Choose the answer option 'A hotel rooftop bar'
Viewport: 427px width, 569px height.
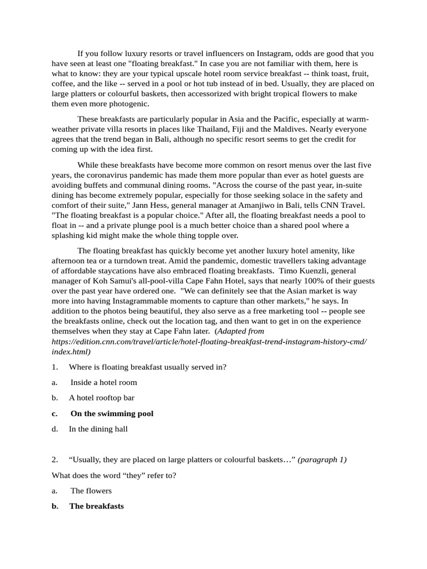tap(102, 398)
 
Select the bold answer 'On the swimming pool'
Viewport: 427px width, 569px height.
tap(112, 413)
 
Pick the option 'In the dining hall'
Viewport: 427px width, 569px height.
tap(98, 429)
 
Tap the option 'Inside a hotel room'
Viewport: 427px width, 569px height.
tap(103, 382)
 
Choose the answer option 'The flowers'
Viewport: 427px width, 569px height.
tap(91, 491)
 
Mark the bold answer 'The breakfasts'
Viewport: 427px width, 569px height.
tap(96, 506)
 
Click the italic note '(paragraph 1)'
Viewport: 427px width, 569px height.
tap(322, 460)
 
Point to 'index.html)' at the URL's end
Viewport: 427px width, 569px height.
tap(71, 351)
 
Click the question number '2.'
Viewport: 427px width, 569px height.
tap(55, 460)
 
